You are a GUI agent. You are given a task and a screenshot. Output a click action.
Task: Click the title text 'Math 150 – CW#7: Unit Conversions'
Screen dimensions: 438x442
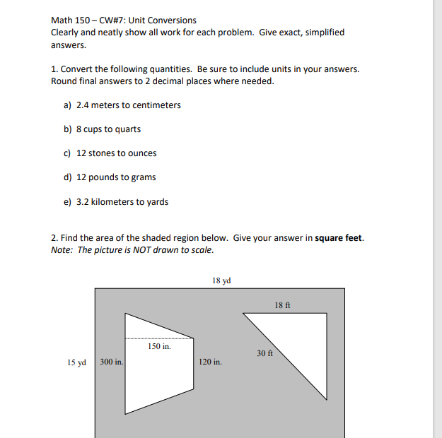(124, 20)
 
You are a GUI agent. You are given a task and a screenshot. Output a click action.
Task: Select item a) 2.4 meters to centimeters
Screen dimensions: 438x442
(122, 105)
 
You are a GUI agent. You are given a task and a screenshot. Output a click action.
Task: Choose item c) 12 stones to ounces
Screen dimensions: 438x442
(110, 153)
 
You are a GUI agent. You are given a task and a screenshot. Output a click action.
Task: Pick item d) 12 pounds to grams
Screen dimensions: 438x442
(110, 177)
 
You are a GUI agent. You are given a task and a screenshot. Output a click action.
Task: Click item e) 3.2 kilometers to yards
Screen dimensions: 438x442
(116, 202)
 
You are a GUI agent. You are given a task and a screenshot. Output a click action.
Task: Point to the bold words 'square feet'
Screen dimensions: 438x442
(339, 238)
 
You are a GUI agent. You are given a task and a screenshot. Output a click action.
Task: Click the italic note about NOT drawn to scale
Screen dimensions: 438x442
(132, 250)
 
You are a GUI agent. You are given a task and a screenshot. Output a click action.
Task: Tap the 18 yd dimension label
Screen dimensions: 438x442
(221, 280)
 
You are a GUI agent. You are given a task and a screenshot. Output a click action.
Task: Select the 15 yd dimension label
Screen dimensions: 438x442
(76, 362)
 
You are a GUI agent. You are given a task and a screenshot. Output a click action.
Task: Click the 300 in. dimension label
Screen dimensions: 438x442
(112, 362)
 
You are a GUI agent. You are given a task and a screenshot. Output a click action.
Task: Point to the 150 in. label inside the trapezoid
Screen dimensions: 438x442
(159, 346)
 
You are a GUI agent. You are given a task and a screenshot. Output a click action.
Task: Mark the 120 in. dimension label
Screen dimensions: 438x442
(211, 362)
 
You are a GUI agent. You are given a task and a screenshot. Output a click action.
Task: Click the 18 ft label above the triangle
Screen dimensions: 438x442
(281, 304)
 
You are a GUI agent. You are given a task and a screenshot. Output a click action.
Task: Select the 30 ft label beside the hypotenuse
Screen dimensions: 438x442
(265, 353)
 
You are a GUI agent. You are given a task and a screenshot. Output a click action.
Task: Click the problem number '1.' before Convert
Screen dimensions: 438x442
(54, 69)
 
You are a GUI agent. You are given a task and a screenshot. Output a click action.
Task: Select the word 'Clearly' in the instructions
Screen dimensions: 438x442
(66, 32)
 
